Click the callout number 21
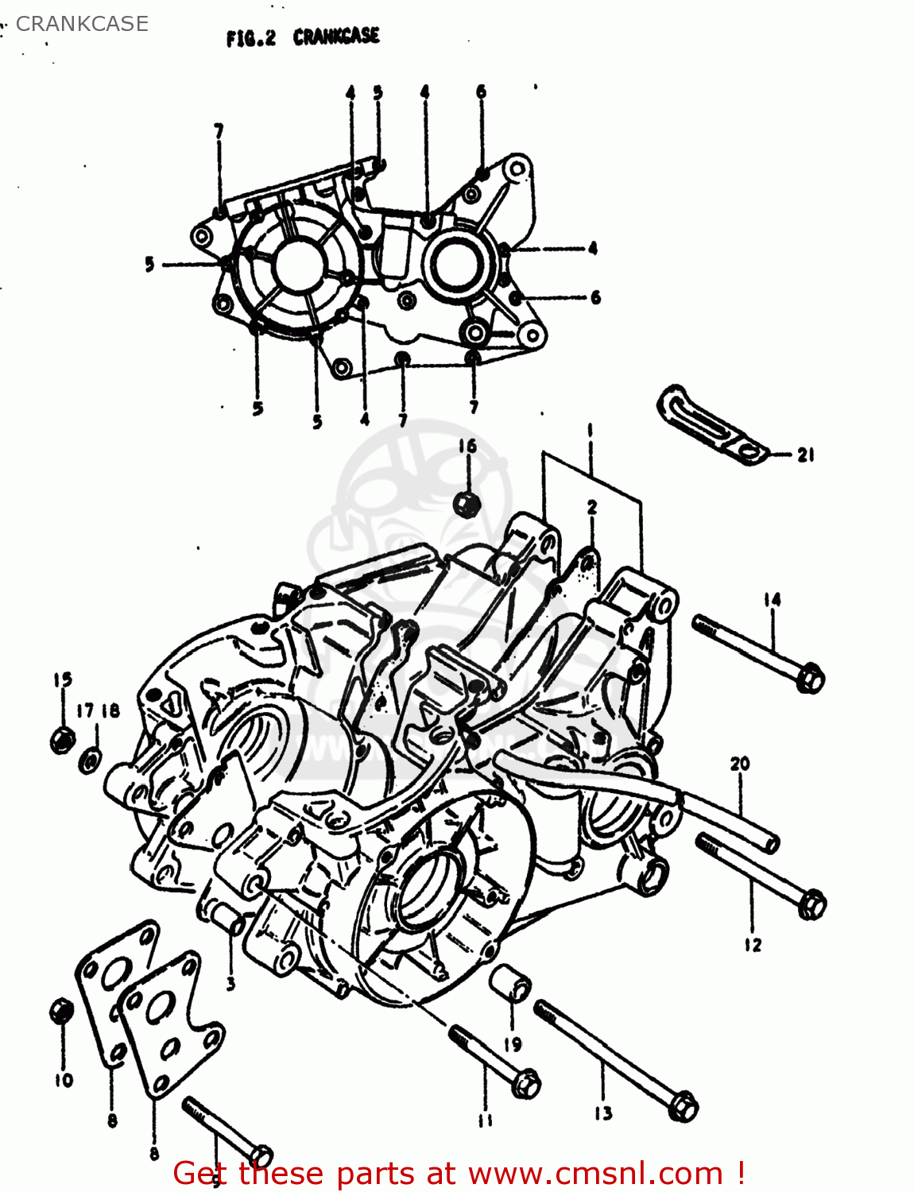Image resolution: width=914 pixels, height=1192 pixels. coord(805,455)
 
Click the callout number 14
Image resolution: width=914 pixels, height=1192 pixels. coord(772,600)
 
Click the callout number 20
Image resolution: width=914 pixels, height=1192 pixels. coord(739,764)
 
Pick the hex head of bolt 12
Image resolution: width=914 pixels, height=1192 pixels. coord(811,904)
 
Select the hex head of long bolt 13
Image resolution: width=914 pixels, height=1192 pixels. coord(682,1107)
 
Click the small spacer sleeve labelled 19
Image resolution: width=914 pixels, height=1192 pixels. coord(511,985)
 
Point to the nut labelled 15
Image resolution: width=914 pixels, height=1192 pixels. coord(62,739)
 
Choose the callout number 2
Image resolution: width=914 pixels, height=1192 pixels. coord(592,507)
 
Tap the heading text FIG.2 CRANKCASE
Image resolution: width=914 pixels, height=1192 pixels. coord(303,37)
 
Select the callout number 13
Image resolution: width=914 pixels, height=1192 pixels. coord(603,1113)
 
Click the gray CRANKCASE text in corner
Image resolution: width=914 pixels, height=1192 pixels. coord(82,24)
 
